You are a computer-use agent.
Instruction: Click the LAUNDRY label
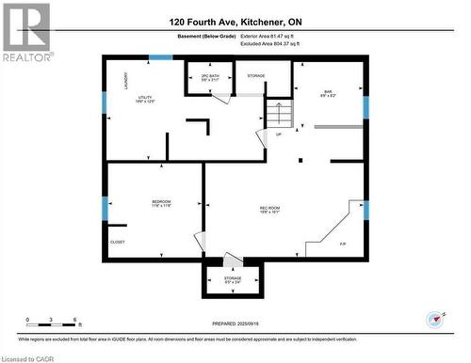(x=124, y=84)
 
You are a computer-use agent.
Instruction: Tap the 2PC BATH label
(x=210, y=77)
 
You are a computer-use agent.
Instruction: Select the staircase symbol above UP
(x=278, y=115)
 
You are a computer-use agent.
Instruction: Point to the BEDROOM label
(x=161, y=201)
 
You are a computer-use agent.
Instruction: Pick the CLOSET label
(x=118, y=242)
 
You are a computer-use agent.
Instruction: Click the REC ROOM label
(x=270, y=209)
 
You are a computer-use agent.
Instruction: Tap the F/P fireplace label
(x=343, y=244)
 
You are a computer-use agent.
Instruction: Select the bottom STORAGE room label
(x=233, y=278)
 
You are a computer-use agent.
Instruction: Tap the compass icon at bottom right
(x=434, y=319)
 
